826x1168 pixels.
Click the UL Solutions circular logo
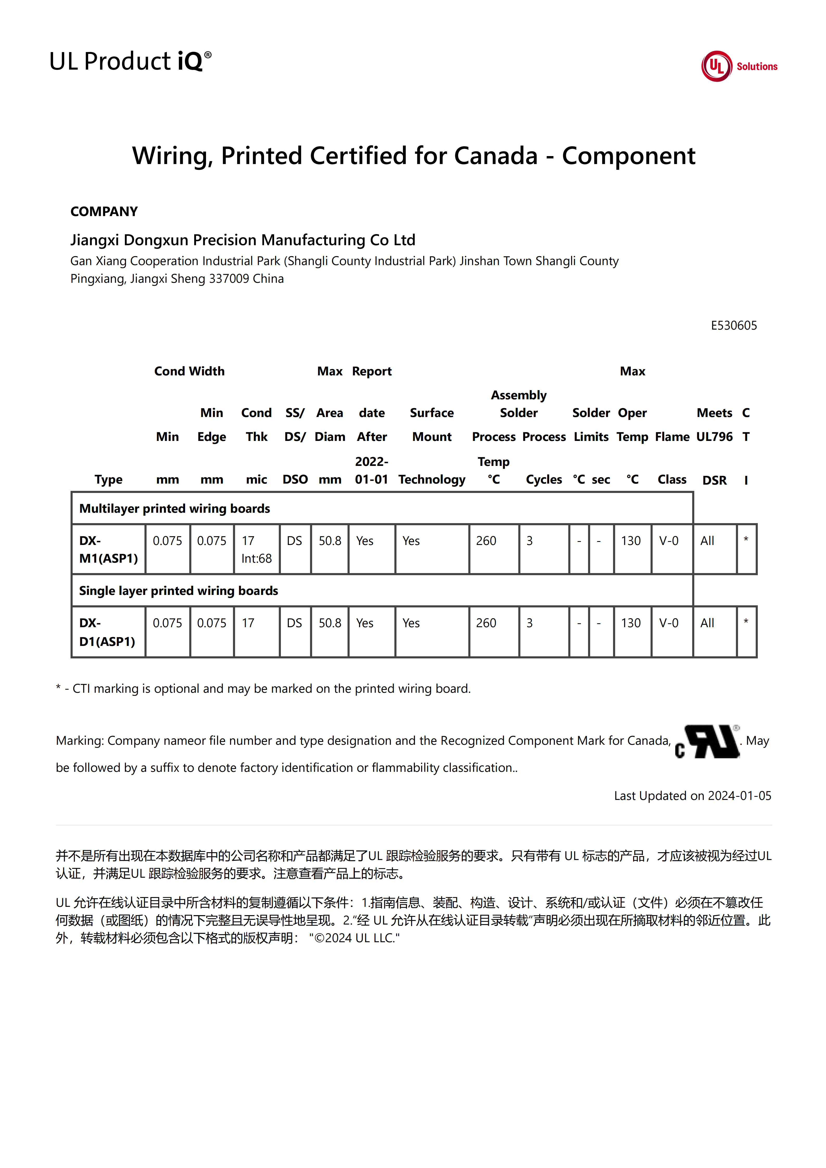tap(717, 66)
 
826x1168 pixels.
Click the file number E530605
tap(733, 326)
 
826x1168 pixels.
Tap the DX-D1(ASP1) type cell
tap(107, 632)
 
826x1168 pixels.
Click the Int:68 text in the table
tap(256, 559)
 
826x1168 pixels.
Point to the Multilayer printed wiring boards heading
tap(175, 509)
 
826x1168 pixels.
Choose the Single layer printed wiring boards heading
tap(179, 591)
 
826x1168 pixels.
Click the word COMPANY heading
tap(104, 212)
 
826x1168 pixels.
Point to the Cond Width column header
tap(189, 371)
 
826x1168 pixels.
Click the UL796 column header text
tap(714, 437)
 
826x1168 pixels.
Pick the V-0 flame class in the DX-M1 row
tap(669, 541)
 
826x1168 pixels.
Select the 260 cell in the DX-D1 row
tap(486, 623)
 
